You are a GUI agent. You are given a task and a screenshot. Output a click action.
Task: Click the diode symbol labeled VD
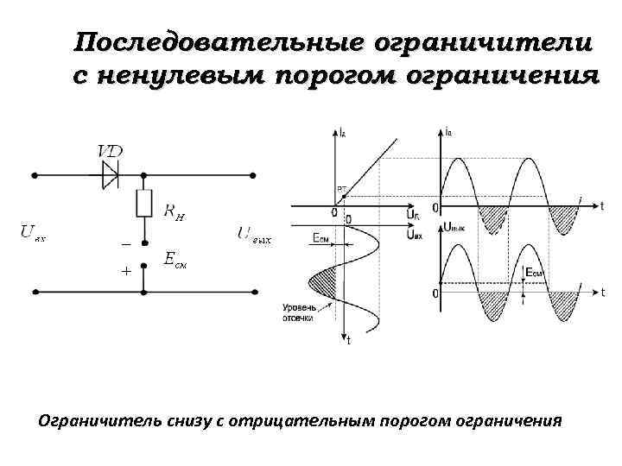110,174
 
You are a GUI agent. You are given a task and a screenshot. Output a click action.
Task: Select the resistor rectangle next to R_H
145,205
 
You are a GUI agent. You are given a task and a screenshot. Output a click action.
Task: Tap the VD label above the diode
110,151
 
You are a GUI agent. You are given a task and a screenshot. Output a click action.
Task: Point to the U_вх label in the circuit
35,231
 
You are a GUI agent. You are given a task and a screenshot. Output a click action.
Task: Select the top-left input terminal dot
35,174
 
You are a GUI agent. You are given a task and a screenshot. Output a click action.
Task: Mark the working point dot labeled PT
343,197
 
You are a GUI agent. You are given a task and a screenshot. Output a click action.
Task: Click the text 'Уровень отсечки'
298,313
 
